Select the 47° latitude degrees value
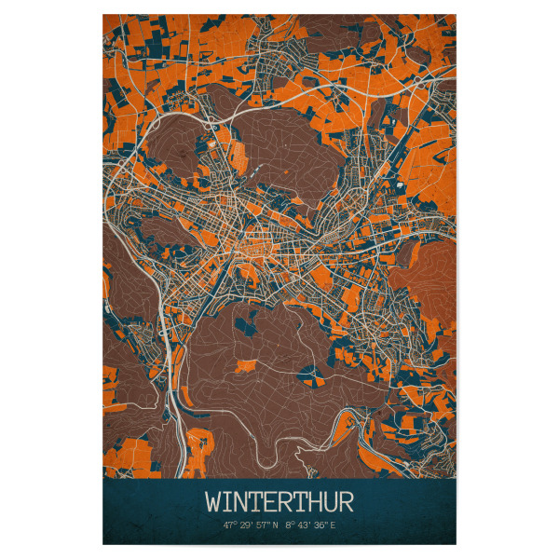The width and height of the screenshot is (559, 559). click(230, 525)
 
